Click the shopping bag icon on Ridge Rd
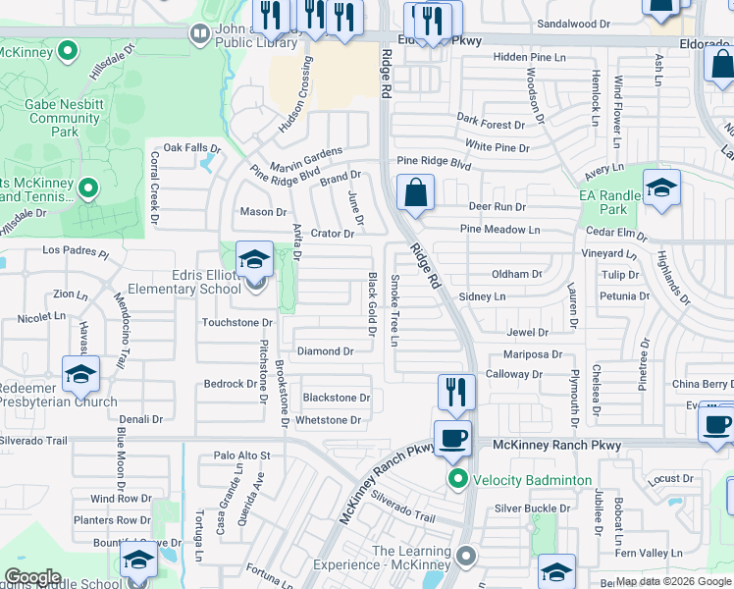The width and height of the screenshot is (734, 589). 416,192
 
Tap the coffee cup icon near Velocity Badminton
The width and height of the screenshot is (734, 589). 452,438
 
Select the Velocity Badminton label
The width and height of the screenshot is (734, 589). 532,480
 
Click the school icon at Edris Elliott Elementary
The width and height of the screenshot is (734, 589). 255,260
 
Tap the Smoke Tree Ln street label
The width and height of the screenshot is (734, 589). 395,310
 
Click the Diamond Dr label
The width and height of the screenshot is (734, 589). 326,351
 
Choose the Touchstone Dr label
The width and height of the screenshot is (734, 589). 236,322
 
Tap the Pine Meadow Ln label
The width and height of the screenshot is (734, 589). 500,230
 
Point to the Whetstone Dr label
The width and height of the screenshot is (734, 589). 329,420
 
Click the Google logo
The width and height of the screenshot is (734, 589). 32,577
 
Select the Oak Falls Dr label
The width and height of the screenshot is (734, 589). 192,147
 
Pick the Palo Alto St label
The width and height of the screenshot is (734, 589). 241,455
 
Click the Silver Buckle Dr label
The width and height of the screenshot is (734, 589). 533,508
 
